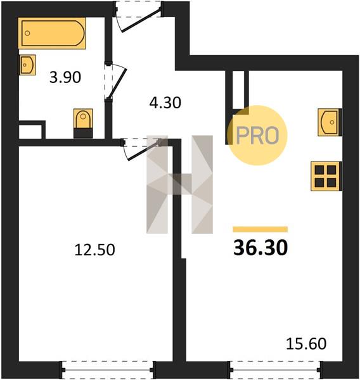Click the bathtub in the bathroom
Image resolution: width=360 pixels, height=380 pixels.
click(x=52, y=33)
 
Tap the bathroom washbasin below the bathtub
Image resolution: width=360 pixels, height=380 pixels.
click(x=27, y=65)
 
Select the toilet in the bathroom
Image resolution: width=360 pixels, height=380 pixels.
click(x=83, y=123)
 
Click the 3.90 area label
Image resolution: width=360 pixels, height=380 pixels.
click(x=65, y=77)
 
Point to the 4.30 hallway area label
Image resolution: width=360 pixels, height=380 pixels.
click(x=165, y=103)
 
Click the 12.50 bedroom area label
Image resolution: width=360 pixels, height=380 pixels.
click(x=94, y=250)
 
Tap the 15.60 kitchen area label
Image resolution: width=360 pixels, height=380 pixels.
click(x=306, y=343)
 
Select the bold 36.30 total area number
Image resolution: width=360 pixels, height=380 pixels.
click(x=260, y=248)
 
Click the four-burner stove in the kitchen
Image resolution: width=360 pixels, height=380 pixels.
click(x=326, y=176)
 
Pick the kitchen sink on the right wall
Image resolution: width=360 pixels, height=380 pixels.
click(x=330, y=122)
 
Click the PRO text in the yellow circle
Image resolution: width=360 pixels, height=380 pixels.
click(x=257, y=136)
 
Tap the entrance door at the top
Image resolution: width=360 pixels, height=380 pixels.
click(x=141, y=20)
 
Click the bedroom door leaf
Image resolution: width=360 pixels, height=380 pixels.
click(x=144, y=151)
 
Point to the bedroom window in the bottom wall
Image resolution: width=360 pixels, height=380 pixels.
click(x=108, y=370)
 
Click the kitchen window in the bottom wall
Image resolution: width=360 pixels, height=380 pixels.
click(x=276, y=370)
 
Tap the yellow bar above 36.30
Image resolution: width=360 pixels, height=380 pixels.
click(x=260, y=229)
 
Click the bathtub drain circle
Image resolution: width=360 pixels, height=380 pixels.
click(x=27, y=33)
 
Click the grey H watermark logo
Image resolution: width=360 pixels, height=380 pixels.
click(x=179, y=184)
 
